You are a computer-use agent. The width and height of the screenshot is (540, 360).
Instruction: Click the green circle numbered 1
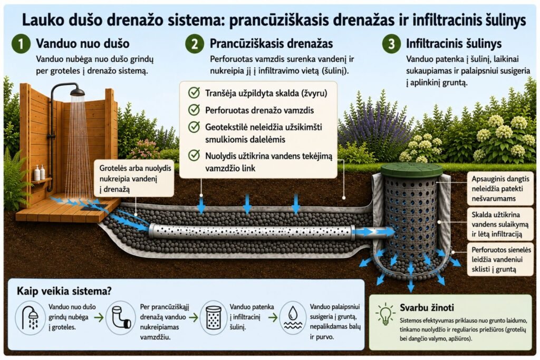click(21, 44)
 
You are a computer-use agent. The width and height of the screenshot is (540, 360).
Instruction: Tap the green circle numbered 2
click(195, 44)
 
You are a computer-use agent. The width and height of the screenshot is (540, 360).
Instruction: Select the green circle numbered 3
click(392, 44)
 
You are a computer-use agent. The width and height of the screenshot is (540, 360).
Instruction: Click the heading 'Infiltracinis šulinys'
click(454, 44)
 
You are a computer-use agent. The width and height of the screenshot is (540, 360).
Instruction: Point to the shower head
click(77, 92)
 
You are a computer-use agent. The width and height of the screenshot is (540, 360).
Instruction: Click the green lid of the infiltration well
click(411, 170)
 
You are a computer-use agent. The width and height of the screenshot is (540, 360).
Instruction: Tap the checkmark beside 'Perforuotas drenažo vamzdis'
click(194, 110)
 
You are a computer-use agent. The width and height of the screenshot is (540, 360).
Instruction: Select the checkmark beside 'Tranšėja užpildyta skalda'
click(194, 93)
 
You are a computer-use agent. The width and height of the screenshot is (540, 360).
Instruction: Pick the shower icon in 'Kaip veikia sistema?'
click(30, 318)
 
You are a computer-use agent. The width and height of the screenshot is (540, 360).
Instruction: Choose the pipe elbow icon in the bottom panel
click(121, 317)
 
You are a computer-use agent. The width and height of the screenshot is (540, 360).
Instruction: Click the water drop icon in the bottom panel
click(293, 317)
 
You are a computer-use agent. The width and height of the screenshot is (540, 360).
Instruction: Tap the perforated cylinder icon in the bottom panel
click(214, 317)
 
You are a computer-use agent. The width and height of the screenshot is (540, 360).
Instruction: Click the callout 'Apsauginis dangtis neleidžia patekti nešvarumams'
click(500, 189)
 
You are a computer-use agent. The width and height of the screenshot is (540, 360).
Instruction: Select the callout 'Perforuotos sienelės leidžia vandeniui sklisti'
click(500, 259)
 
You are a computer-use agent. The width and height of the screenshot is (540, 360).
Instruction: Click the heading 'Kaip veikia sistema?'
click(64, 291)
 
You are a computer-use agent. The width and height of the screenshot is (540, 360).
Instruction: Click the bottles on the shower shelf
click(40, 173)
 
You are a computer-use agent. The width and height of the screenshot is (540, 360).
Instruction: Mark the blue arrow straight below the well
click(410, 283)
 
